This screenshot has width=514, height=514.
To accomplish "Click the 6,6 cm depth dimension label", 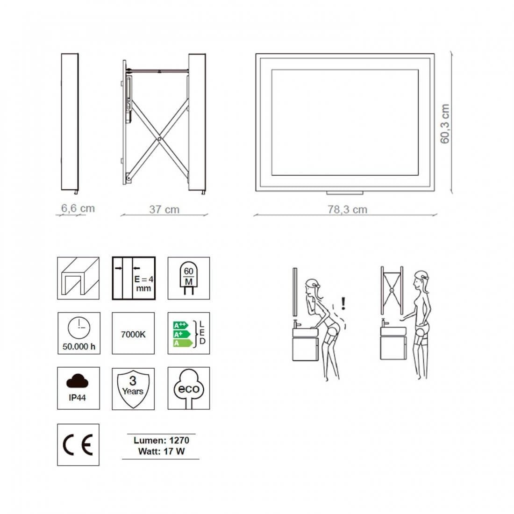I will click(x=78, y=208).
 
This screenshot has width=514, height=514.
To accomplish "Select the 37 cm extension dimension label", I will click(x=164, y=209).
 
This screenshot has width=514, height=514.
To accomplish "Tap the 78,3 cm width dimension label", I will click(x=347, y=209).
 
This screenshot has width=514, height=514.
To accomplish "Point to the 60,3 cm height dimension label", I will click(x=444, y=123).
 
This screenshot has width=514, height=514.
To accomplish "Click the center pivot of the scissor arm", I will click(x=160, y=139).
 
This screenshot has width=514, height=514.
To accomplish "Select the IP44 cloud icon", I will click(x=78, y=388).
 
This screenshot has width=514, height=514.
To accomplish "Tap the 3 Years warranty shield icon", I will click(x=133, y=388).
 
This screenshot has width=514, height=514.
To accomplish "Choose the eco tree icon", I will click(x=189, y=388).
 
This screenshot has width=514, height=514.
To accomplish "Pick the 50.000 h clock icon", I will click(x=78, y=333).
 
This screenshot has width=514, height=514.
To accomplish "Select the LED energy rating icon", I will click(x=189, y=333).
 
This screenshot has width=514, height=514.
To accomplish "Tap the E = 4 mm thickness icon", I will click(x=134, y=278).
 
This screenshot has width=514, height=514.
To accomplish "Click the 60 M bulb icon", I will click(x=189, y=278).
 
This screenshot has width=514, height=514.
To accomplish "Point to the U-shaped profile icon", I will click(x=78, y=278).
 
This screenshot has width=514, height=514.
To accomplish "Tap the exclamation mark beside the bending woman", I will click(x=343, y=304).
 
